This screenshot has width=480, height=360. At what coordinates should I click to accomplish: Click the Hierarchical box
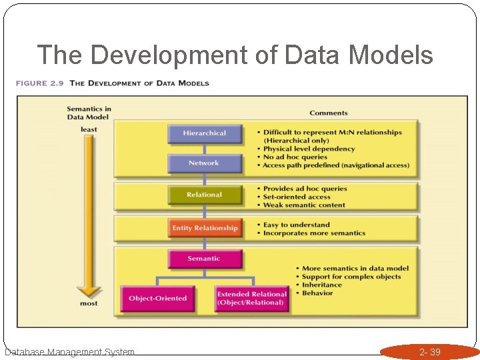pyautogui.click(x=204, y=133)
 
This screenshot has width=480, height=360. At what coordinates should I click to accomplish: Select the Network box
pyautogui.click(x=203, y=163)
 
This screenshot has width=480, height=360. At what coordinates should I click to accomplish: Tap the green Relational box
pyautogui.click(x=204, y=195)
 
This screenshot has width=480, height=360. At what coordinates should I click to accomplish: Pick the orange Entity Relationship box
pyautogui.click(x=205, y=228)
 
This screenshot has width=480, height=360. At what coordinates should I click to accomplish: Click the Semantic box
pyautogui.click(x=203, y=259)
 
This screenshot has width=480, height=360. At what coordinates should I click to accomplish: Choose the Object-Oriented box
pyautogui.click(x=157, y=298)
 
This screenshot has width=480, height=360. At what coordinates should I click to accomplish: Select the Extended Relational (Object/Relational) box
pyautogui.click(x=251, y=298)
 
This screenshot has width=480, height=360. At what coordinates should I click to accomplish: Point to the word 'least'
pyautogui.click(x=89, y=129)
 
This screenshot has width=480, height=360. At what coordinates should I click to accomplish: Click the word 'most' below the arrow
pyautogui.click(x=89, y=303)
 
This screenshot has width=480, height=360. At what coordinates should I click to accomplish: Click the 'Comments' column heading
pyautogui.click(x=329, y=113)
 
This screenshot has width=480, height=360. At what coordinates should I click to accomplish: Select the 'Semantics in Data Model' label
pyautogui.click(x=89, y=113)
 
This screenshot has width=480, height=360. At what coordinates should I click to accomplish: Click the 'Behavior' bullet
pyautogui.click(x=317, y=293)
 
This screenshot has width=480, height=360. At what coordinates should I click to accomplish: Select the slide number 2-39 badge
pyautogui.click(x=429, y=352)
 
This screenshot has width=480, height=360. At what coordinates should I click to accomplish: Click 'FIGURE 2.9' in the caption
pyautogui.click(x=41, y=83)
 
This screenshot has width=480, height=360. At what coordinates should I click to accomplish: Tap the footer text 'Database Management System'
pyautogui.click(x=69, y=352)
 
